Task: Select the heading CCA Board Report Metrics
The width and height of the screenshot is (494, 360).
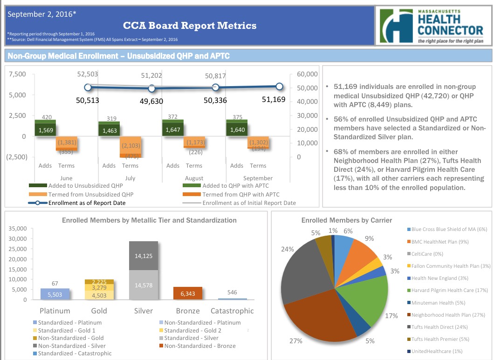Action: click(190, 26)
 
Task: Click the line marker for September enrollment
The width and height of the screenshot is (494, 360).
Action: click(279, 86)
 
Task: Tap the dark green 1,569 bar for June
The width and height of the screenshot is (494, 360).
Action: click(46, 130)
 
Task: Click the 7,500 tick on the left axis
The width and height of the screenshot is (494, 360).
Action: click(17, 74)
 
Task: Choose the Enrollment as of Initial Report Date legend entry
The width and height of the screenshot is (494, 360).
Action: click(249, 203)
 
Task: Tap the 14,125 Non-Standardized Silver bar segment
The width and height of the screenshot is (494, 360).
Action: click(144, 256)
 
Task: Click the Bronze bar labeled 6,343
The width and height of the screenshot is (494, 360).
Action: click(188, 293)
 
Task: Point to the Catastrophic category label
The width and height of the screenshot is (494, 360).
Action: click(232, 311)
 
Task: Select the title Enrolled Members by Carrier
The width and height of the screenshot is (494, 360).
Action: click(346, 220)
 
